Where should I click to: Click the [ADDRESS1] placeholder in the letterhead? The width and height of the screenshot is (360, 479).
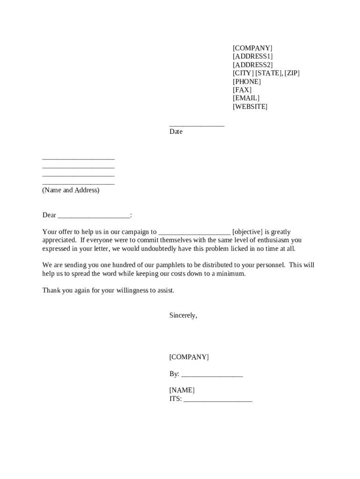tap(252, 57)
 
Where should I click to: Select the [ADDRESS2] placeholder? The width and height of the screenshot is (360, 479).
tap(252, 65)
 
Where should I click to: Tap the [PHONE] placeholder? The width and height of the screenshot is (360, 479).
tap(246, 81)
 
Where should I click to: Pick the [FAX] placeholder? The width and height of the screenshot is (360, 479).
tap(242, 90)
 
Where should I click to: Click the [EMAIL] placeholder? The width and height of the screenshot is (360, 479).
tap(246, 98)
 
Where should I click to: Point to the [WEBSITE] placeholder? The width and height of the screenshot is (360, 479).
tap(250, 107)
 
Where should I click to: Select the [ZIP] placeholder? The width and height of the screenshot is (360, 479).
tap(292, 73)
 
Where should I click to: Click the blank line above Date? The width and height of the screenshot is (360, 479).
tap(196, 125)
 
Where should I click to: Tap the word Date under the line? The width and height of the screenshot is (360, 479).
tap(176, 132)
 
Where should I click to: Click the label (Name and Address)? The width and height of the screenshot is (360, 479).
tap(71, 190)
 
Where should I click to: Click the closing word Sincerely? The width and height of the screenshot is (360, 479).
tap(183, 316)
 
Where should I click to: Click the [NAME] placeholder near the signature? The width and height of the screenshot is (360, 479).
tap(182, 391)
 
